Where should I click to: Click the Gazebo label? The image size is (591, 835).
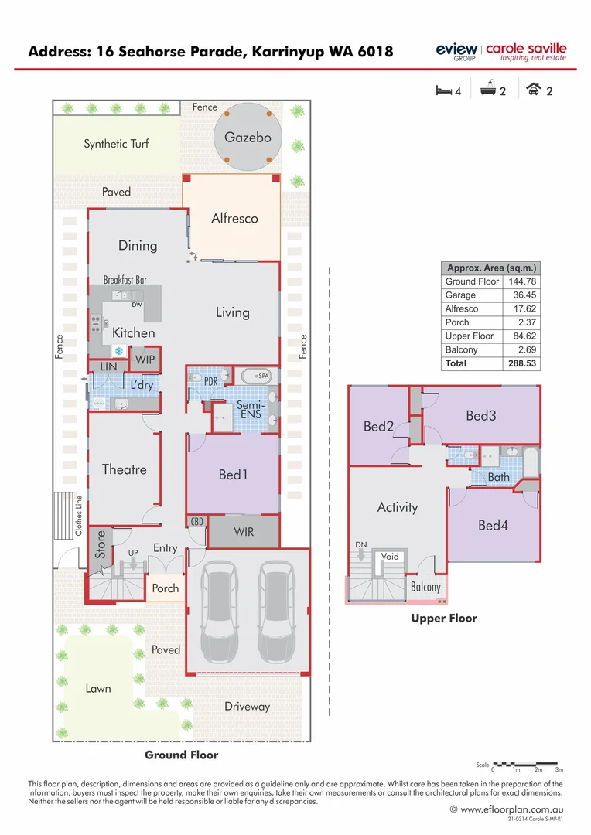pyautogui.click(x=248, y=137)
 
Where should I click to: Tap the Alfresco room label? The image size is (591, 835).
pyautogui.click(x=234, y=218)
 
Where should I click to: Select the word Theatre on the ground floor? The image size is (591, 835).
pyautogui.click(x=124, y=469)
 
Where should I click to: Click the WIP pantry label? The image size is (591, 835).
pyautogui.click(x=145, y=360)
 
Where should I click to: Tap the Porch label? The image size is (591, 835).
pyautogui.click(x=165, y=588)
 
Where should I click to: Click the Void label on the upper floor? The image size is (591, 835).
pyautogui.click(x=390, y=557)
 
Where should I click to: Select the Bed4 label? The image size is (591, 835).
pyautogui.click(x=493, y=526)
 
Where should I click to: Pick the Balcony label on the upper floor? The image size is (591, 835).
pyautogui.click(x=425, y=588)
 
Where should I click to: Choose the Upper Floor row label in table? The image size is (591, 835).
pyautogui.click(x=469, y=336)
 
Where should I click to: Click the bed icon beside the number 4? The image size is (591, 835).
pyautogui.click(x=444, y=90)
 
